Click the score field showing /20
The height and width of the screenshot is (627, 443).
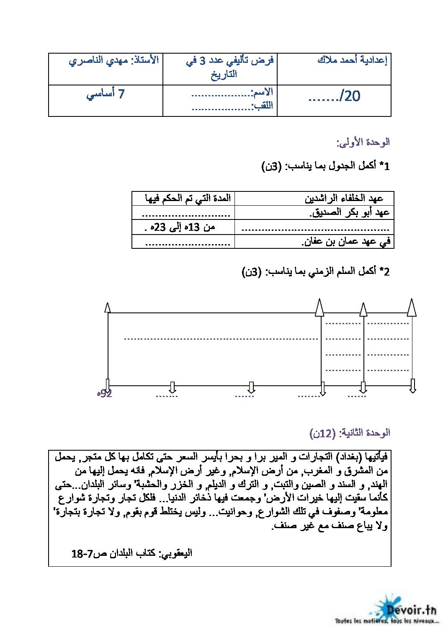click(334, 97)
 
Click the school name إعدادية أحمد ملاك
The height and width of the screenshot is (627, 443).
click(352, 61)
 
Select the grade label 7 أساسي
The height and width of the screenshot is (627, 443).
click(106, 94)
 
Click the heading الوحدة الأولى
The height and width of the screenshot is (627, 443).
click(363, 142)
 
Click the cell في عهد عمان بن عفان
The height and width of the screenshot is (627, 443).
click(346, 242)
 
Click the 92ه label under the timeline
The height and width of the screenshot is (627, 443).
click(104, 394)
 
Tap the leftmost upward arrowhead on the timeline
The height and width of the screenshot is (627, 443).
click(108, 307)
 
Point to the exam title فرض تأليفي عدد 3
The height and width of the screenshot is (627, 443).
click(229, 61)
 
